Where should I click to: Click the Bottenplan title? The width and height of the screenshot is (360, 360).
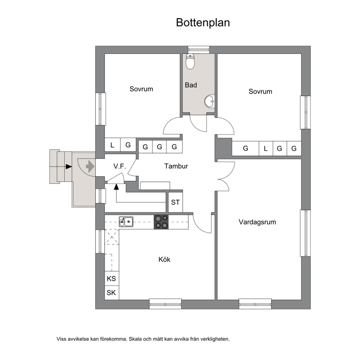coord(203,23)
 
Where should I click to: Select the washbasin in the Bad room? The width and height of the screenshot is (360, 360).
coord(210,101)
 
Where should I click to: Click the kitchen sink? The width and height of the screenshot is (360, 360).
coord(126,222)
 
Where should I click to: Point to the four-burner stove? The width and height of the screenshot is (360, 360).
coord(161,222)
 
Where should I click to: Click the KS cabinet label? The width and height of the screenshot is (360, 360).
coord(111,278)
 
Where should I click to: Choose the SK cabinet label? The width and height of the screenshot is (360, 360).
coord(111,293)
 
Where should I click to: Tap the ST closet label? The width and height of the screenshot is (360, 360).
coord(175,202)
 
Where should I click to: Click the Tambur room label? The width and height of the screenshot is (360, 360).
coord(176,166)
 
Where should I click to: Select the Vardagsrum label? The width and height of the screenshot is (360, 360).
coord(257,222)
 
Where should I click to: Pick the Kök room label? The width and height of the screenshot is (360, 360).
coord(164,259)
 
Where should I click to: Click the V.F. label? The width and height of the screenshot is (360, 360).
coord(120,166)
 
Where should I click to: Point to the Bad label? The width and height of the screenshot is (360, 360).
coord(191,85)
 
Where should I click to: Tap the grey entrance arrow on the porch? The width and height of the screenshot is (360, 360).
coord(90,167)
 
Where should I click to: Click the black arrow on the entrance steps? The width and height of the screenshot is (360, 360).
coord(69,167)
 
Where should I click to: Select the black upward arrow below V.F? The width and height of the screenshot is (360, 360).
coord(116,187)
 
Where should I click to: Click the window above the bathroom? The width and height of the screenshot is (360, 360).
coord(199,49)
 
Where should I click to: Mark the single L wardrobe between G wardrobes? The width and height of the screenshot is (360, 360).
coord(266,148)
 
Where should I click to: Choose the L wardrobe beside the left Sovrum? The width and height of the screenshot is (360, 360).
coord(112,145)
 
